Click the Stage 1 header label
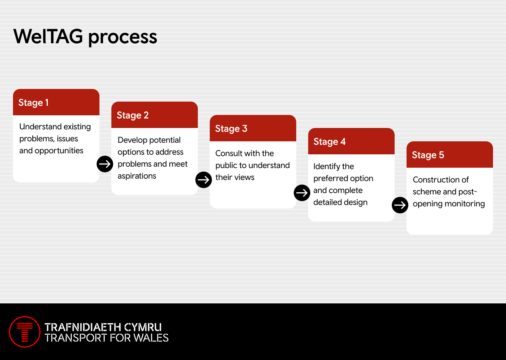pos(33,103)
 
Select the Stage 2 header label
pos(132,115)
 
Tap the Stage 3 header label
pos(231,129)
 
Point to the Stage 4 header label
pos(330,142)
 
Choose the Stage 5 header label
pos(428,155)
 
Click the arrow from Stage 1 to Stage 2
pos(105,164)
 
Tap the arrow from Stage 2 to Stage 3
pos(203,180)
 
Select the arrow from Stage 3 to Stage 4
pos(302,193)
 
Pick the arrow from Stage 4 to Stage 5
pos(400,205)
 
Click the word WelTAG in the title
pos(48,36)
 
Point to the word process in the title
pos(123,38)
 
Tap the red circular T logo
pos(25,332)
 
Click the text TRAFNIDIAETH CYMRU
pos(103,327)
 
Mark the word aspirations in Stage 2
pos(137,176)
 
